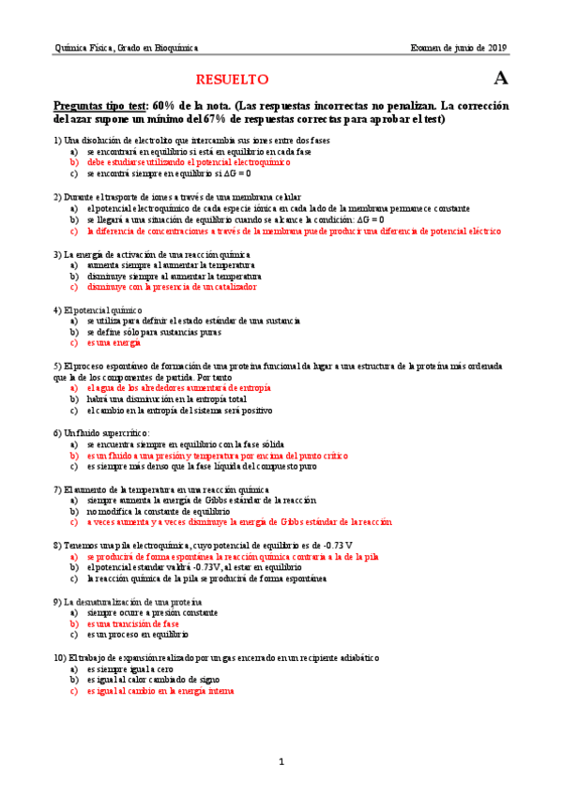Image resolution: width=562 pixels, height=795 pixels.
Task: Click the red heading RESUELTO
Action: click(232, 80)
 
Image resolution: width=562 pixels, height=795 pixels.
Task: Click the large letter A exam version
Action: click(500, 79)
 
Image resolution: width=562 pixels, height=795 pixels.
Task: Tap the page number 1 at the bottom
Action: click(281, 761)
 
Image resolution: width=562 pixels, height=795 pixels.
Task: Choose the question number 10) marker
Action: click(61, 657)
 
